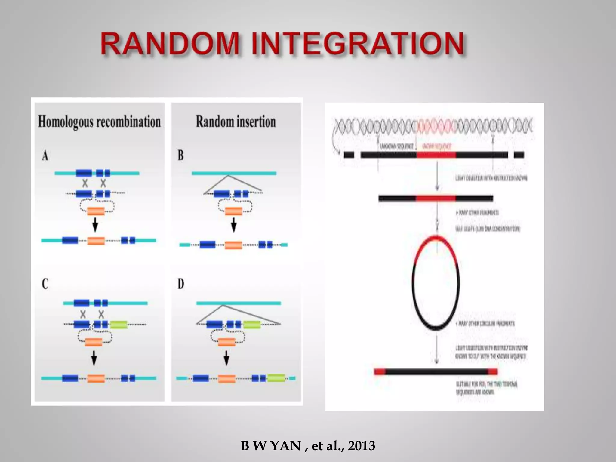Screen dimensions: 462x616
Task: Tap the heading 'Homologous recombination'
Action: pos(99,122)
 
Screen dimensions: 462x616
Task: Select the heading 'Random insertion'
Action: pos(236,122)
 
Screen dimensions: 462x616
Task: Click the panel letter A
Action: pos(45,156)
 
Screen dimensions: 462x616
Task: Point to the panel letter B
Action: pos(180,155)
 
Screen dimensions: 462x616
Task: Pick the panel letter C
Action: pos(45,284)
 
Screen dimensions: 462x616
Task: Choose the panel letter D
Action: pos(180,284)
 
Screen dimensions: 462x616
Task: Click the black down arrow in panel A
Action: pos(95,225)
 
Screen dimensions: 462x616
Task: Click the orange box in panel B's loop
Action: pos(233,211)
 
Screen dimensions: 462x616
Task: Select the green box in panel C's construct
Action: pos(119,325)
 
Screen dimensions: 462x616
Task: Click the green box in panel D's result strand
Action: pos(276,378)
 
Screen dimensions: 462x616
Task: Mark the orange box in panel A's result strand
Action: pos(96,241)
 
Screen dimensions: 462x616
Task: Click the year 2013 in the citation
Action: pos(362,445)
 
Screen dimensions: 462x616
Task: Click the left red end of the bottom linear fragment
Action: pos(380,372)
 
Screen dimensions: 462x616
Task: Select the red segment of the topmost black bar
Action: pos(436,155)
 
